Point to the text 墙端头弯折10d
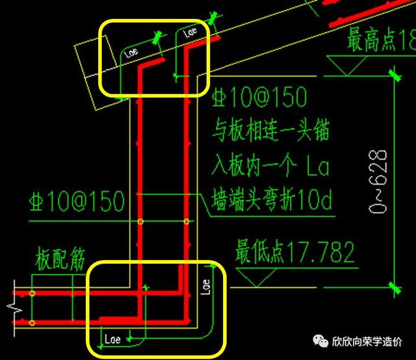(x=272, y=203)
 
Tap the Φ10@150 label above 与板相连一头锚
(x=259, y=98)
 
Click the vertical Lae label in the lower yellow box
(x=206, y=287)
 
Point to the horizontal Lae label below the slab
(x=114, y=339)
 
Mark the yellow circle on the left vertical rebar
(x=140, y=222)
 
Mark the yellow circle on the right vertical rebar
(x=187, y=222)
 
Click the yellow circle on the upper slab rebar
(x=32, y=294)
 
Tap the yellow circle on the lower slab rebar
(x=32, y=322)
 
